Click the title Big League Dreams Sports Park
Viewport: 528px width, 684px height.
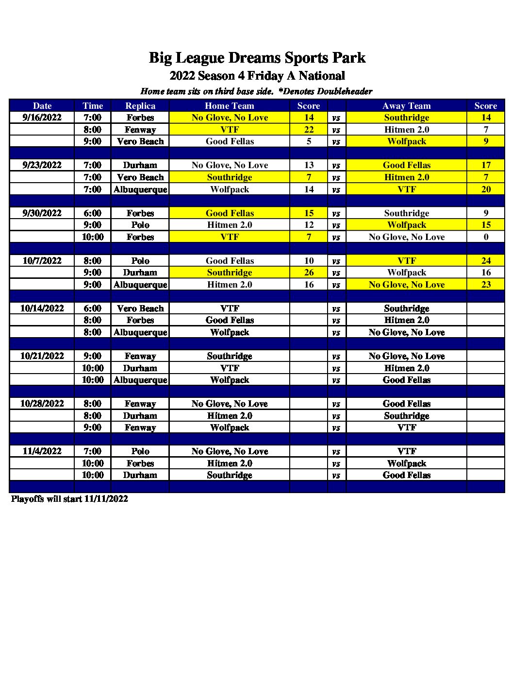(257, 58)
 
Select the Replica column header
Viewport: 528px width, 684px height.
(140, 106)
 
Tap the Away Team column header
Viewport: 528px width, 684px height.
(406, 106)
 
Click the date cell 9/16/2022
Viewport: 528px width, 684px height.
(42, 118)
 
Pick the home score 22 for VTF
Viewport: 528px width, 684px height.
(309, 130)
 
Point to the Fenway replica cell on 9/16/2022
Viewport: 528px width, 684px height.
(140, 130)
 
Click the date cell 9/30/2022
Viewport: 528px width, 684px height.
(42, 213)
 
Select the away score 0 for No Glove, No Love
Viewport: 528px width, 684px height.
(486, 237)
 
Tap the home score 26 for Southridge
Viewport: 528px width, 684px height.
(309, 273)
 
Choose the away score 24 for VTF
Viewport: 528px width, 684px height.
(486, 261)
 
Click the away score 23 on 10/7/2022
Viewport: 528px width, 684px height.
(486, 285)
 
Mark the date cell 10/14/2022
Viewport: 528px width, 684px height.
(42, 308)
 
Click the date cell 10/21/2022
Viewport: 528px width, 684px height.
(42, 356)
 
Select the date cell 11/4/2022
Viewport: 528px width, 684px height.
(42, 451)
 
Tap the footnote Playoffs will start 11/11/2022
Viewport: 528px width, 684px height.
(69, 499)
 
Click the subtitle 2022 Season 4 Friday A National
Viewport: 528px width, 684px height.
(257, 76)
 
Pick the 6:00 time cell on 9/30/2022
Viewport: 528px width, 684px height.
(92, 213)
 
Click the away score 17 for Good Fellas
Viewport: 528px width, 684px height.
(486, 165)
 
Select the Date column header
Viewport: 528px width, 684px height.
(42, 106)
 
